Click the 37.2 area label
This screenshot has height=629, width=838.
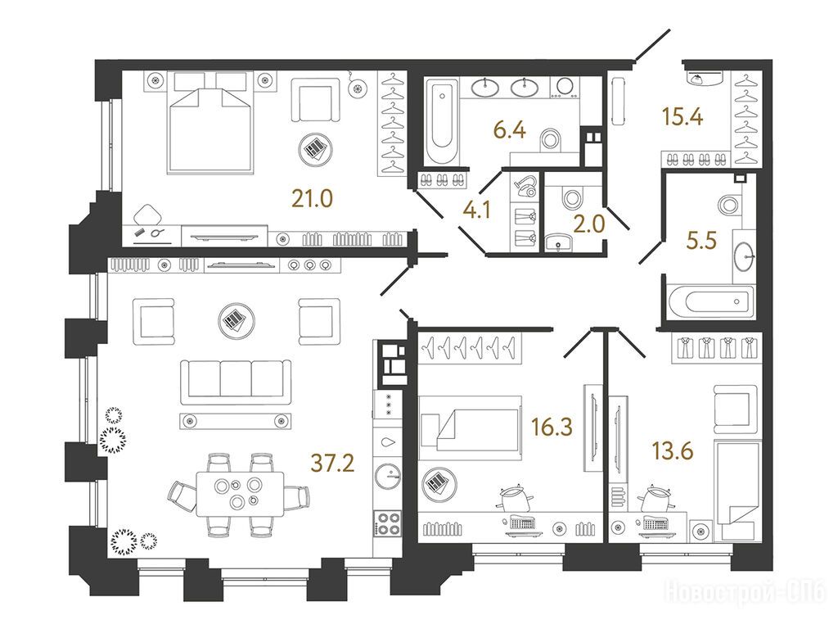tap(332, 463)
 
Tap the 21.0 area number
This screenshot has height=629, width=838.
tap(312, 199)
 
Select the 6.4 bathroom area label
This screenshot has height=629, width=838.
tap(510, 130)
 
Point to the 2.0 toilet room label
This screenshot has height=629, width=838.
tap(589, 224)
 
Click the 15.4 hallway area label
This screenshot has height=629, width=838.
tap(683, 116)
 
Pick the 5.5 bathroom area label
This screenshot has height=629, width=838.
tap(701, 241)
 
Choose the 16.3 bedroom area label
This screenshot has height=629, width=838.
tap(552, 427)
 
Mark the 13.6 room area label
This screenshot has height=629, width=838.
tap(673, 451)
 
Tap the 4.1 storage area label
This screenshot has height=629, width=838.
tap(477, 210)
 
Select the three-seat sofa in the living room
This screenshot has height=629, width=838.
tap(236, 382)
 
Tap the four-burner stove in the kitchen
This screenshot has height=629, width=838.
tap(387, 523)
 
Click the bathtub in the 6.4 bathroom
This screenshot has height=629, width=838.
tap(441, 121)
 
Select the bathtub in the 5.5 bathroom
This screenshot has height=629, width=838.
tap(710, 301)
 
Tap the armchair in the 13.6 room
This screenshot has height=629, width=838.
tap(736, 409)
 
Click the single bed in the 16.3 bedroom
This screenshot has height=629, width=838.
tap(471, 428)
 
